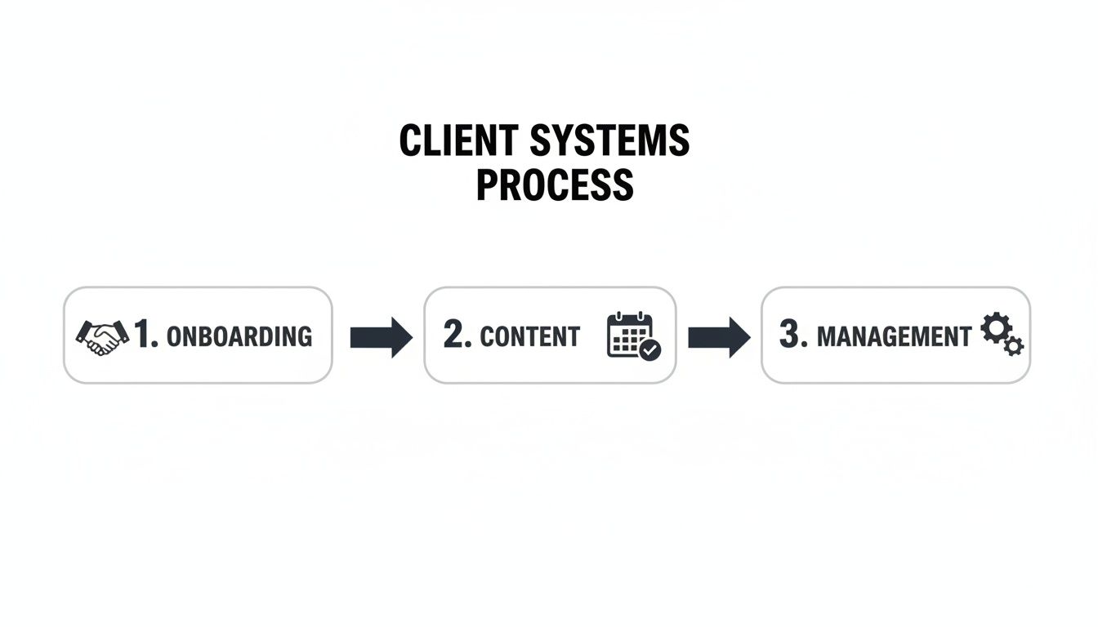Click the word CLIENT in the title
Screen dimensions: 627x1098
point(458,141)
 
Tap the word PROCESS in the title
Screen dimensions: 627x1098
point(555,185)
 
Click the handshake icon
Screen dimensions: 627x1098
point(102,336)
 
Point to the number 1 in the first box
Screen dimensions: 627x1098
point(144,335)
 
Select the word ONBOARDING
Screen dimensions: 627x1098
point(239,336)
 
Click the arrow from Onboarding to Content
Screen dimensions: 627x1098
point(381,336)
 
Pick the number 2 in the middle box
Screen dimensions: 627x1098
point(455,335)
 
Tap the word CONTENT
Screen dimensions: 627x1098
point(530,336)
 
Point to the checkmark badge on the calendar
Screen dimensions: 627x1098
point(650,350)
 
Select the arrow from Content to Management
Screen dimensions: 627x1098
point(718,336)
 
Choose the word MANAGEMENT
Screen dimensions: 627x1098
point(894,336)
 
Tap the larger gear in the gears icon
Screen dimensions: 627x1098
point(993,328)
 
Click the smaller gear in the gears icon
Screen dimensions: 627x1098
point(1014,346)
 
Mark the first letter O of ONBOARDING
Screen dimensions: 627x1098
point(174,336)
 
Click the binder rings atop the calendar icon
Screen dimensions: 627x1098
point(631,316)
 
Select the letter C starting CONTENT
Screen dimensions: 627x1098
point(487,336)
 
